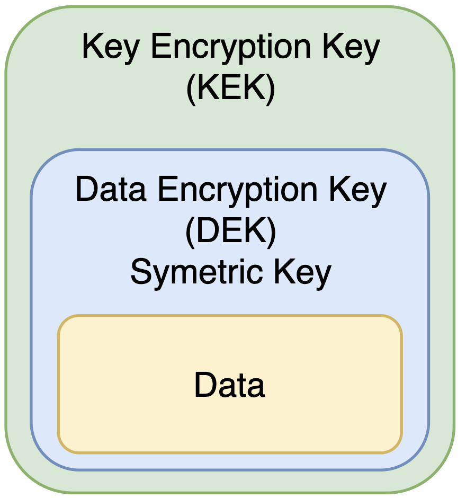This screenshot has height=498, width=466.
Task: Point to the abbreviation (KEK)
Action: pyautogui.click(x=231, y=89)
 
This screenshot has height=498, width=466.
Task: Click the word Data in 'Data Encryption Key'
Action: pyautogui.click(x=111, y=190)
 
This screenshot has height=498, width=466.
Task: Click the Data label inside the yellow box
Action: pyautogui.click(x=229, y=385)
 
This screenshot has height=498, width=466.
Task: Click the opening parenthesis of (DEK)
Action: pyautogui.click(x=190, y=233)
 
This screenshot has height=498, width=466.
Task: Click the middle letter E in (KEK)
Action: pyautogui.click(x=231, y=88)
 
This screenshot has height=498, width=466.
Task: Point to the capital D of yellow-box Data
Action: pyautogui.click(x=204, y=385)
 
